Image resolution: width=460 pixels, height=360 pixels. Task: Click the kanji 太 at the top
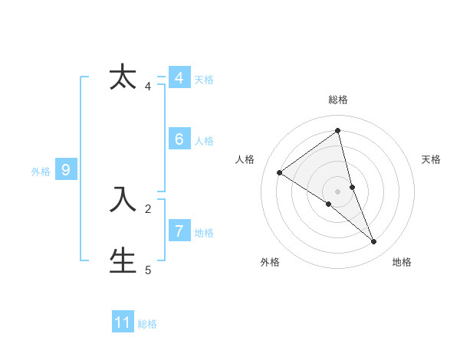click(123, 78)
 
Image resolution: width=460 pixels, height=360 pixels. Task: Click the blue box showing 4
click(179, 78)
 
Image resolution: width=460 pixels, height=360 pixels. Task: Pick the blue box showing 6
click(179, 139)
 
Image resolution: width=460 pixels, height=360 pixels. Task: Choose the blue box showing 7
click(179, 231)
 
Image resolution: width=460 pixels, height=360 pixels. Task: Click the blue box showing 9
click(66, 171)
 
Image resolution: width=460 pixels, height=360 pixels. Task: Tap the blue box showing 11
click(123, 322)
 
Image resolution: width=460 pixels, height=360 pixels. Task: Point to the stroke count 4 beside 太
click(148, 87)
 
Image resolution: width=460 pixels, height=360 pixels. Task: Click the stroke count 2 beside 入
click(148, 208)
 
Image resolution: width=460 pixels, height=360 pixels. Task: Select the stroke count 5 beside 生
click(148, 270)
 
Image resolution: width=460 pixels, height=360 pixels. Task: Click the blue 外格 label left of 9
click(41, 172)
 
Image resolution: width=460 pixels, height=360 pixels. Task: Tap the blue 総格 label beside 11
click(147, 324)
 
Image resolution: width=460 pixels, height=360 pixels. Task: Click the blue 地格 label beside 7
click(204, 233)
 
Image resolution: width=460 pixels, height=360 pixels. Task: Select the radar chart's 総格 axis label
click(338, 100)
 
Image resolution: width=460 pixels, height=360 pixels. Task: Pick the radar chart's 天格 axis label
click(432, 159)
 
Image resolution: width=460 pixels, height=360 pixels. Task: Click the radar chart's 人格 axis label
click(245, 159)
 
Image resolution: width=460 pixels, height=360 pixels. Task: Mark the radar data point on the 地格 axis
click(374, 242)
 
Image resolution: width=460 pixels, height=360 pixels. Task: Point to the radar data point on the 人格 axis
click(279, 172)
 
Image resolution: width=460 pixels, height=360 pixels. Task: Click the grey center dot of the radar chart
click(337, 191)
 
